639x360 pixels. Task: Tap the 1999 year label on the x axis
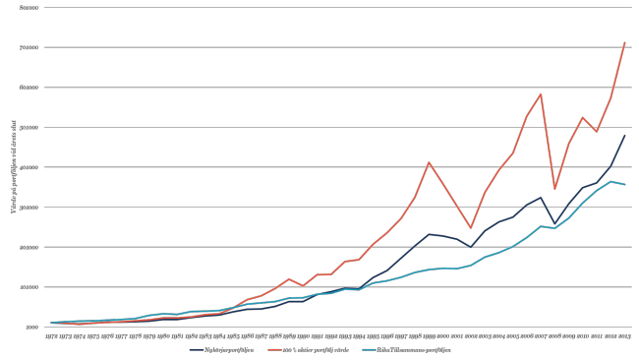pyautogui.click(x=430, y=336)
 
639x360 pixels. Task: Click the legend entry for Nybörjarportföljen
pyautogui.click(x=222, y=349)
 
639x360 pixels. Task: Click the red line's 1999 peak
pyautogui.click(x=429, y=162)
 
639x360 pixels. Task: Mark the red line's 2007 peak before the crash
pyautogui.click(x=541, y=94)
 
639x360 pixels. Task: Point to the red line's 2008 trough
pyautogui.click(x=554, y=189)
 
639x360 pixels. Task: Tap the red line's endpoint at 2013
pyautogui.click(x=625, y=42)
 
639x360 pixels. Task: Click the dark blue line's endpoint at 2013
pyautogui.click(x=625, y=135)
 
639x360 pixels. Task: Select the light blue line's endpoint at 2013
pyautogui.click(x=625, y=185)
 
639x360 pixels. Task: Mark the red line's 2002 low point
pyautogui.click(x=471, y=228)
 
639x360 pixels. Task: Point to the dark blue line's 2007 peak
pyautogui.click(x=541, y=198)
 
